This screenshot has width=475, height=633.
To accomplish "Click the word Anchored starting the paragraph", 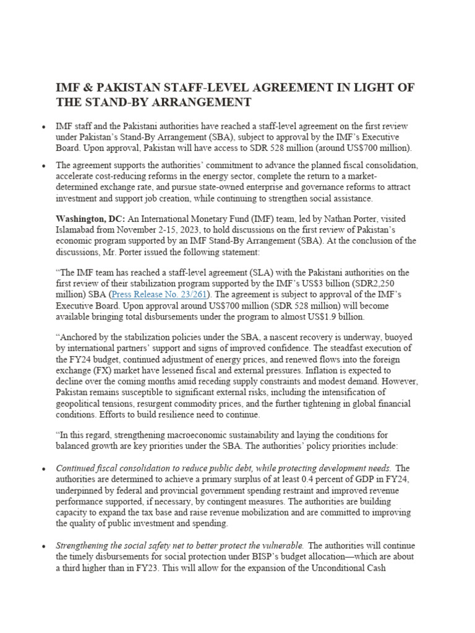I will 77,338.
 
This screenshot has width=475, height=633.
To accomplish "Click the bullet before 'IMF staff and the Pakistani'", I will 43,127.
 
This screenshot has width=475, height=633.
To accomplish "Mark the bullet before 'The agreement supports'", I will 43,166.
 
